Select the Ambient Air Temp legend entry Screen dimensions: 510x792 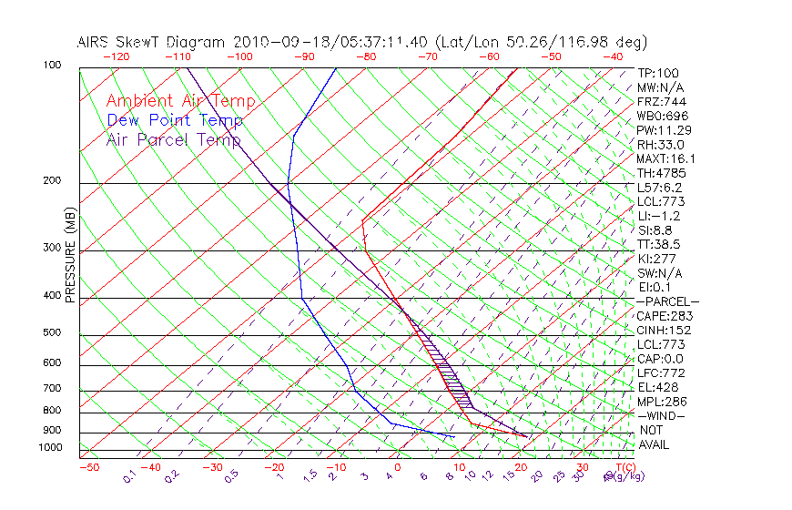(x=180, y=101)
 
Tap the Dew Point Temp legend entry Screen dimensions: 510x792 (x=175, y=120)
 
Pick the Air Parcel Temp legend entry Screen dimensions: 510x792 (x=174, y=139)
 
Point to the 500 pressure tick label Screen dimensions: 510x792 (x=53, y=333)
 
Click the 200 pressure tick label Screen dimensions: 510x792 (x=53, y=181)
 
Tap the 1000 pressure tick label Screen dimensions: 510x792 (x=50, y=447)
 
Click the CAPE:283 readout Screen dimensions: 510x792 (x=664, y=316)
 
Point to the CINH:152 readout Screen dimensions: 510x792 (x=664, y=331)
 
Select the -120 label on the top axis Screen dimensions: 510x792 (x=116, y=56)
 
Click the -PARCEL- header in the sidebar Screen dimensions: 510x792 (x=667, y=301)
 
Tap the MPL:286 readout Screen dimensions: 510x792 (x=661, y=402)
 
